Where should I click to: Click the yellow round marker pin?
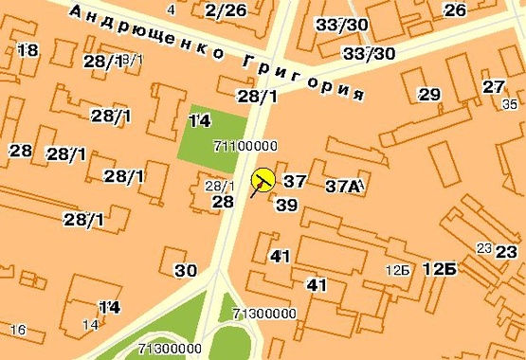(x=263, y=178)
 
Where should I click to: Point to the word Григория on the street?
(x=304, y=79)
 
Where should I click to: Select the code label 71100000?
(x=245, y=146)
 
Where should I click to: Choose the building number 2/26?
(x=225, y=10)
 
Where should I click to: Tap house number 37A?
(x=343, y=186)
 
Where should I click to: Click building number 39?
(x=285, y=205)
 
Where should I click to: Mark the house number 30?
(x=186, y=270)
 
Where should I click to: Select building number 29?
(x=429, y=95)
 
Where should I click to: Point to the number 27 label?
(x=493, y=87)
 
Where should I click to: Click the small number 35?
(x=511, y=104)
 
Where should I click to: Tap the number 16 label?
(x=16, y=330)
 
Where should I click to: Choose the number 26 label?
(x=455, y=10)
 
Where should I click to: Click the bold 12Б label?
(x=439, y=270)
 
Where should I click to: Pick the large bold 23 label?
(x=507, y=252)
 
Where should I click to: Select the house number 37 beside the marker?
(x=295, y=181)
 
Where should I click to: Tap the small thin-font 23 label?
(x=484, y=248)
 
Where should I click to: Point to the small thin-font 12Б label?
(x=397, y=271)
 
